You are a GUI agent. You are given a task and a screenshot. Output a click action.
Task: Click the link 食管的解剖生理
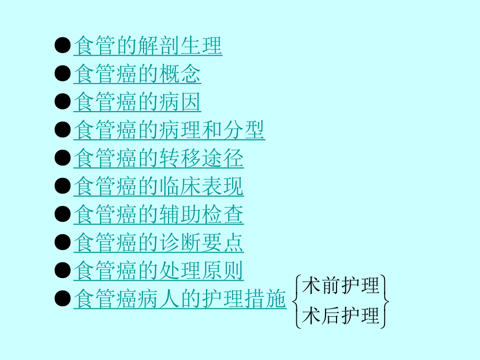148,46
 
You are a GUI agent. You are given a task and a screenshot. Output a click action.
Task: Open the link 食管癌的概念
137,74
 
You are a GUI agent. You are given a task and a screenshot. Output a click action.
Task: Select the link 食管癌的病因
137,102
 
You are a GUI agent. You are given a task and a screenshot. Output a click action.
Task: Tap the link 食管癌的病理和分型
169,130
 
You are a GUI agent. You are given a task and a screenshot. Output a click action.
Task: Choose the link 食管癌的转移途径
159,159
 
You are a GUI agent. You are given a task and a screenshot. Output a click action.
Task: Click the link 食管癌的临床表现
159,187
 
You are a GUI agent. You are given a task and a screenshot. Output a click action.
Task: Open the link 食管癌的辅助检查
159,215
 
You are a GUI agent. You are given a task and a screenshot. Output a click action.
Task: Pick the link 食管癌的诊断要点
159,243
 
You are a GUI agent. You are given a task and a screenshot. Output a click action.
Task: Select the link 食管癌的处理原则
159,271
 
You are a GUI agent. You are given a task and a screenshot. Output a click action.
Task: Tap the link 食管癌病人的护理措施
180,299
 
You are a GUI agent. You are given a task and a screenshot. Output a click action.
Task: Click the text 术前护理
341,286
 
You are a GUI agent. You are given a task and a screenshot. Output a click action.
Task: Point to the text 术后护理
341,316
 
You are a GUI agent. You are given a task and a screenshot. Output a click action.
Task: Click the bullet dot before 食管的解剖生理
63,46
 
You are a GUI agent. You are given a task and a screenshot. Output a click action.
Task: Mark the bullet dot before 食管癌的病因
63,102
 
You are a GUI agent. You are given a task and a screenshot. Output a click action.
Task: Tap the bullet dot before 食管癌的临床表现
63,187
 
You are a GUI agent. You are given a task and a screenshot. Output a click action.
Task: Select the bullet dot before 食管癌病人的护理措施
63,299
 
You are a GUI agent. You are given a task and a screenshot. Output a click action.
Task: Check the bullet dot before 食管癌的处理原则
63,271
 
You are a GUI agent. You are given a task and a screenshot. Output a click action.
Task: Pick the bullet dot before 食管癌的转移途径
63,159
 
